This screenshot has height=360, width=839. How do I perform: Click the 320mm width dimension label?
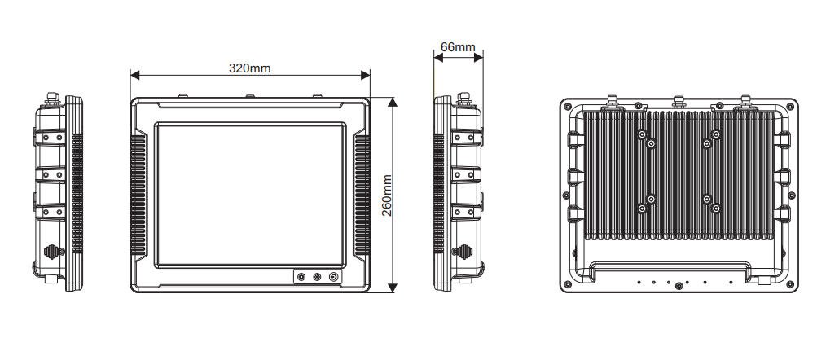249,68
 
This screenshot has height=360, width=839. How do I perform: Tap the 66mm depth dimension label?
457,47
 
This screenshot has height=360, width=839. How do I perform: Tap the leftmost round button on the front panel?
302,277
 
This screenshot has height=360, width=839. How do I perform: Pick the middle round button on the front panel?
318,277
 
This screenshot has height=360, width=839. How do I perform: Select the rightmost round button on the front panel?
333,277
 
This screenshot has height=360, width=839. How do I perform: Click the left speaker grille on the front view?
138,195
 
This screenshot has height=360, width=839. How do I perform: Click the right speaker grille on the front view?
362,195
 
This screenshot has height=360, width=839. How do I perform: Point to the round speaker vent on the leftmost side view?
52,252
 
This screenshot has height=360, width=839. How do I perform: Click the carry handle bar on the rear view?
671,264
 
